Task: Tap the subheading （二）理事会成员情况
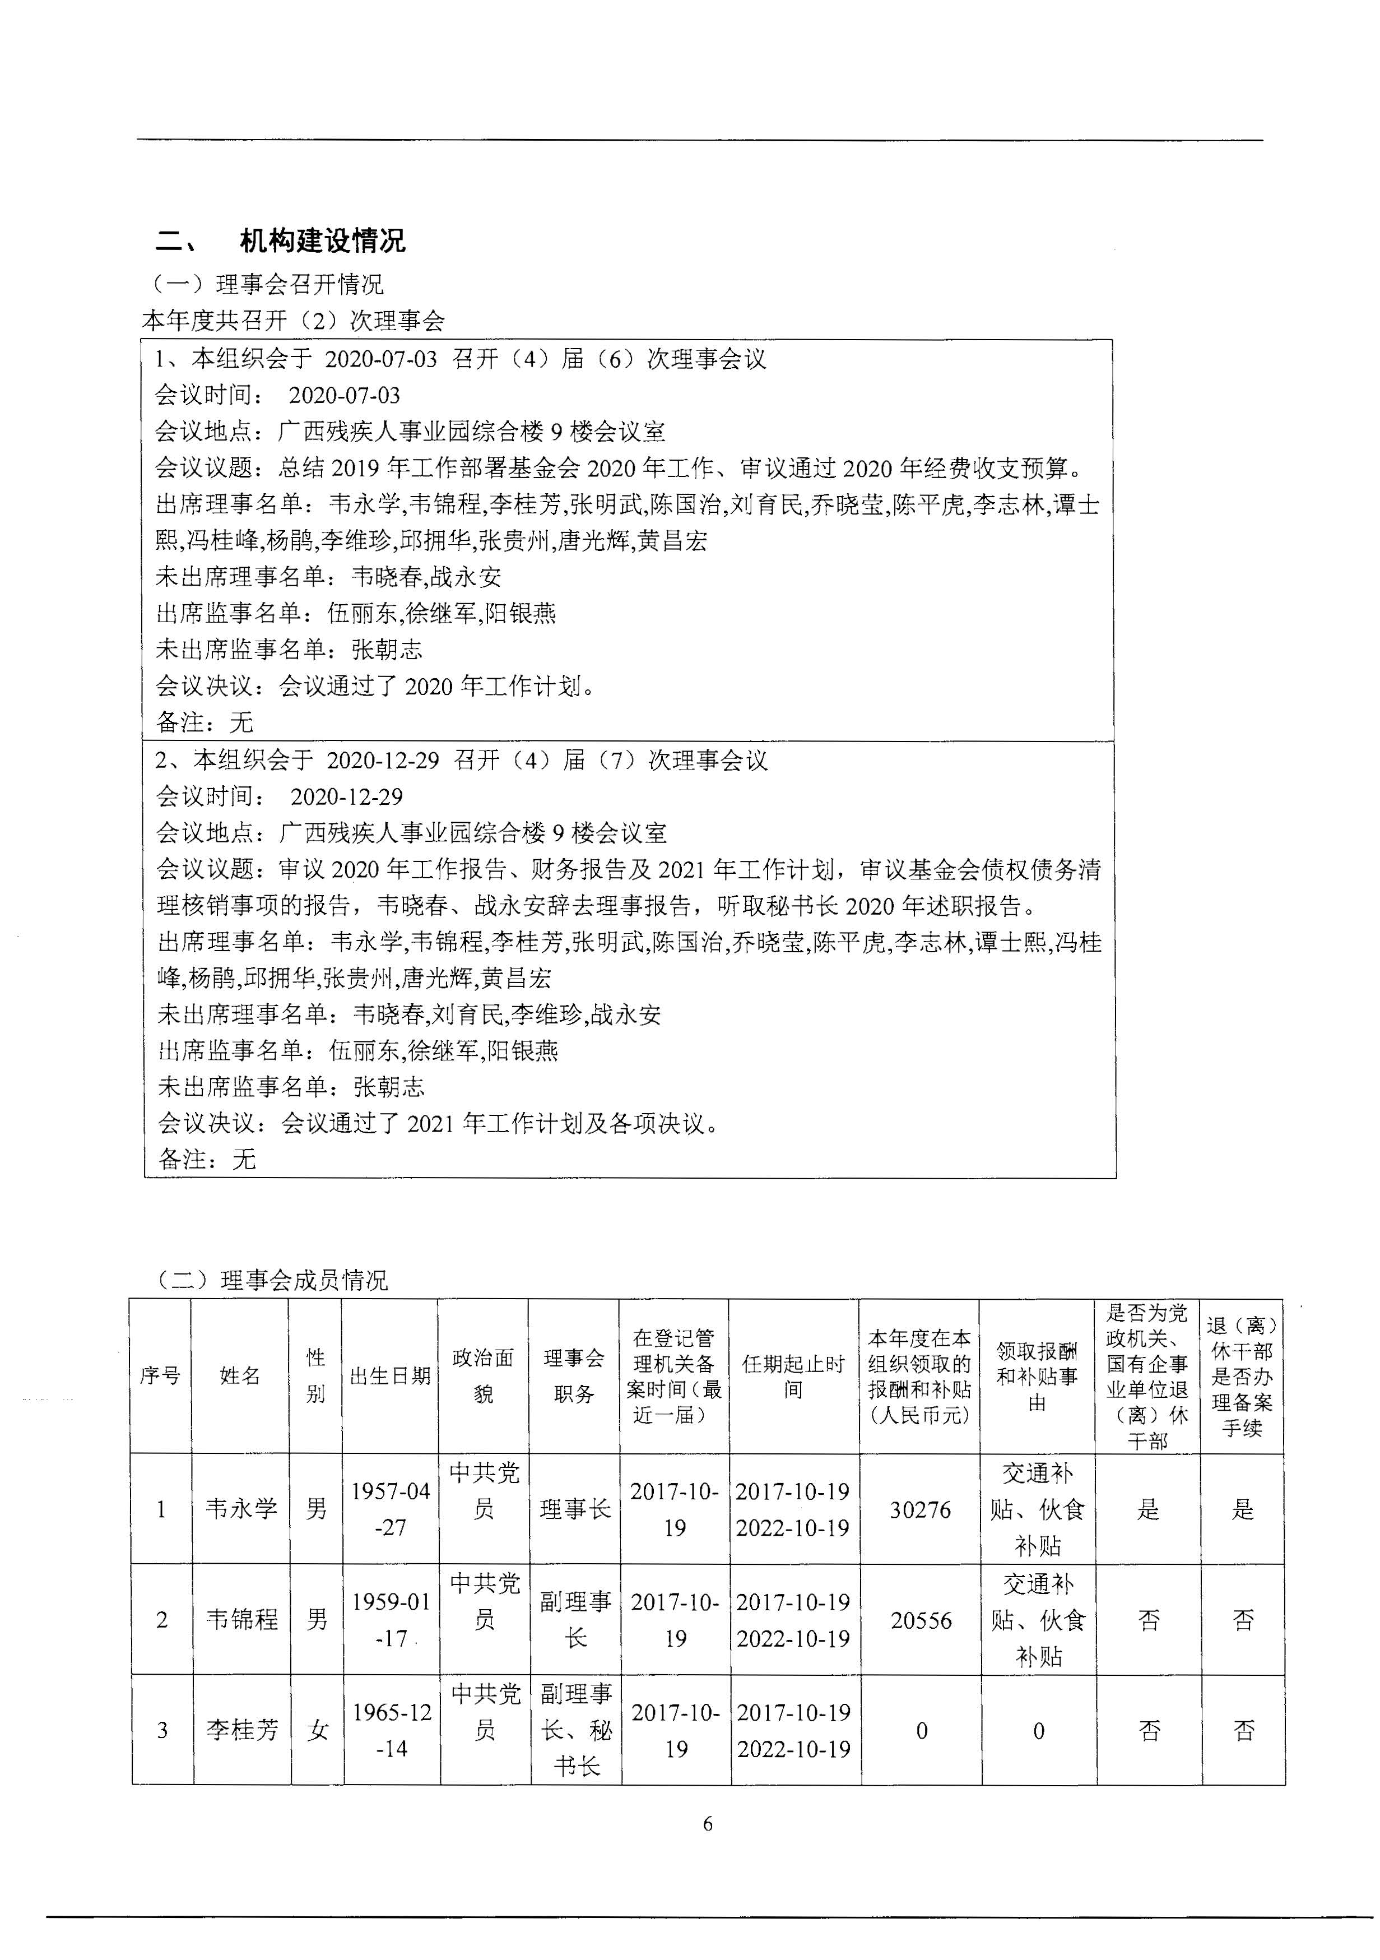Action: coord(270,1281)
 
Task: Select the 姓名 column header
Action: coord(240,1376)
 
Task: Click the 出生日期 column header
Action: coord(390,1376)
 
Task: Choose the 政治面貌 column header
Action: coord(483,1376)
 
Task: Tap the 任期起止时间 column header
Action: coord(794,1376)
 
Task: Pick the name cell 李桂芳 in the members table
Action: coord(241,1730)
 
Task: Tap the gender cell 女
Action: coord(318,1730)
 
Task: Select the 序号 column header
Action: coord(160,1376)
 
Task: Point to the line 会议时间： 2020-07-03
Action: coord(277,395)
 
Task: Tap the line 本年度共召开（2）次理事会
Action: coord(292,321)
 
